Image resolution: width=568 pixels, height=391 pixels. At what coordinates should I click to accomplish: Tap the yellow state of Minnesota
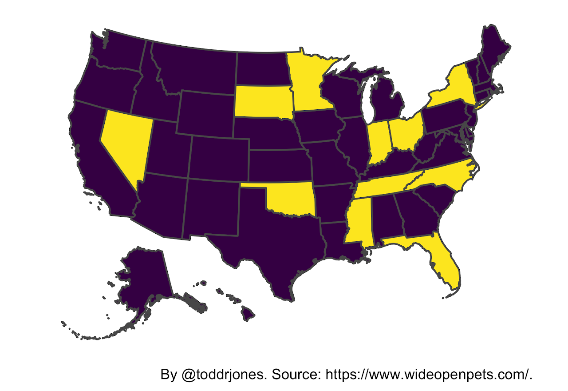pyautogui.click(x=308, y=84)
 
